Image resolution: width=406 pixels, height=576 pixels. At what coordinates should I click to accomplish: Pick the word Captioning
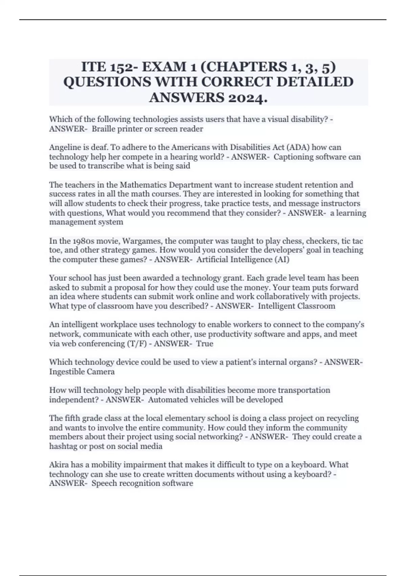293,157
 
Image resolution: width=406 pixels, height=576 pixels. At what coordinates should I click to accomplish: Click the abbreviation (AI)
282,260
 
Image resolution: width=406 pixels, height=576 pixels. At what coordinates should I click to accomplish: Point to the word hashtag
63,446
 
